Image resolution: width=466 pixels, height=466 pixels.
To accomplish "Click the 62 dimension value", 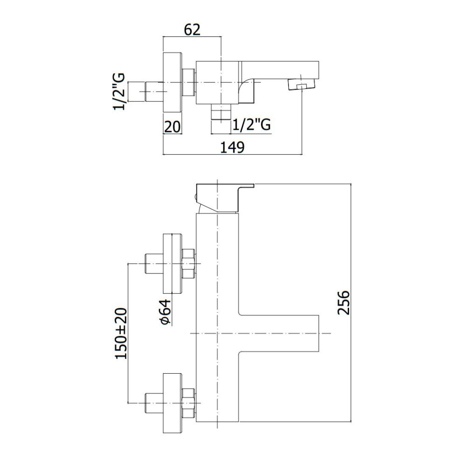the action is tap(192, 30).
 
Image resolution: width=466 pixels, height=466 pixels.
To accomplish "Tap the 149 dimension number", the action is tap(232, 147).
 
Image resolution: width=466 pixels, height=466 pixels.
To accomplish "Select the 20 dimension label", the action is tap(172, 127).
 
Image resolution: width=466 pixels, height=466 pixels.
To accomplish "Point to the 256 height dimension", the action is tap(343, 302).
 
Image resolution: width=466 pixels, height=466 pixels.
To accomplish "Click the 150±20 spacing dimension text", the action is tap(121, 333).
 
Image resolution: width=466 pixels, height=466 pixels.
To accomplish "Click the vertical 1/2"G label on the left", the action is tap(119, 92).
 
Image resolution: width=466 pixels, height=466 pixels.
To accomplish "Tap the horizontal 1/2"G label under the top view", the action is tap(252, 125).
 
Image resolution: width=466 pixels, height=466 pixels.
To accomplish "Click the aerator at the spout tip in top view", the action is tap(301, 84).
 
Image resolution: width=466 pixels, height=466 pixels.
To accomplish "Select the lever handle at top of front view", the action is tap(225, 198).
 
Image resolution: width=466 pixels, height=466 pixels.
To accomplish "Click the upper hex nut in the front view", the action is tap(188, 264).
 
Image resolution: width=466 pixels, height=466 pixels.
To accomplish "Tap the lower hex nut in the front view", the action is tap(188, 403).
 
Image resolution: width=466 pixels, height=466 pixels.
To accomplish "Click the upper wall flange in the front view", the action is tap(172, 264).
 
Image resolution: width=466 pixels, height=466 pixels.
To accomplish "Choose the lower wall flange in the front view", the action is tap(172, 403).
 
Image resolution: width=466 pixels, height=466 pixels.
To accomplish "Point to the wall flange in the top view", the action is tap(172, 82).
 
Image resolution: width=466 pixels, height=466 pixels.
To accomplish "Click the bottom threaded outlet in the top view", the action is tap(220, 112).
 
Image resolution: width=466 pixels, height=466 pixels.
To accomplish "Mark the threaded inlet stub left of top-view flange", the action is tap(154, 92).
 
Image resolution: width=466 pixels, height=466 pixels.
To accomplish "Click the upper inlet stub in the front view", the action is tap(154, 264).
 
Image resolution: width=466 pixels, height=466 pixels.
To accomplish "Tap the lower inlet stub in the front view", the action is tap(154, 403).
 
